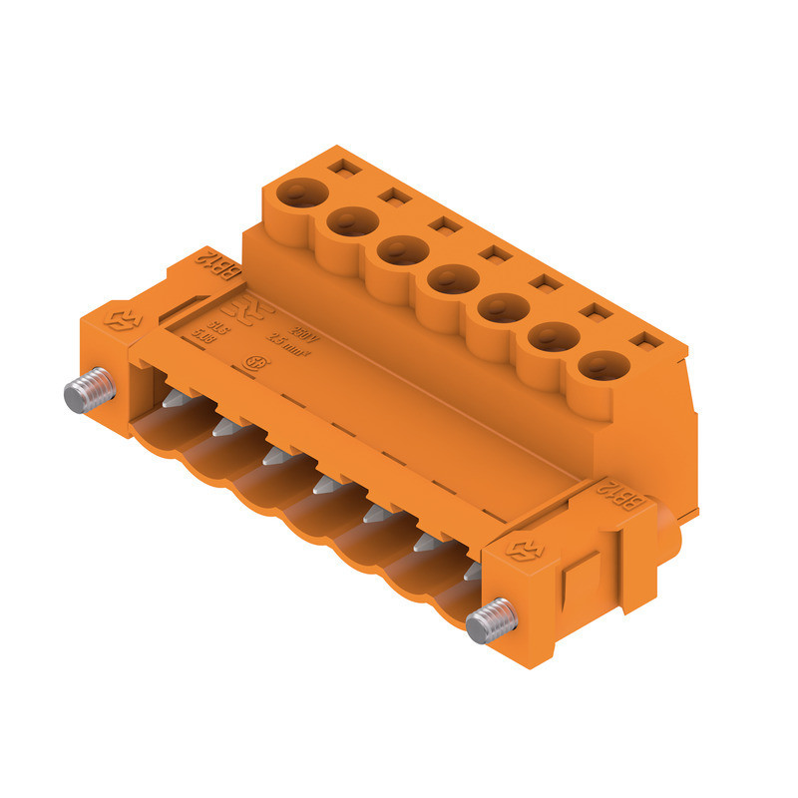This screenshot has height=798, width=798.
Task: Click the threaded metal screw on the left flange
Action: [x=88, y=392]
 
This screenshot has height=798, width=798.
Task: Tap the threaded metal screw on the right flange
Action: [x=492, y=622]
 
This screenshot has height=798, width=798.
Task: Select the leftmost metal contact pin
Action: [x=172, y=399]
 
